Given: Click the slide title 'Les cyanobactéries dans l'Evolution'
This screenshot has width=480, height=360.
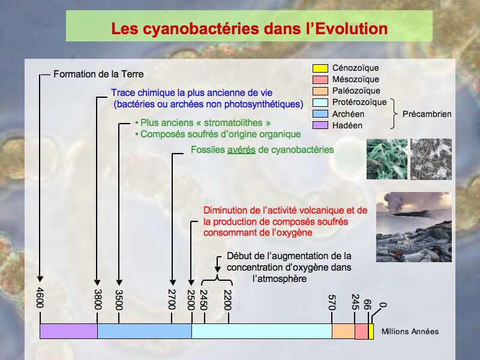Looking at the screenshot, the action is pyautogui.click(x=249, y=28).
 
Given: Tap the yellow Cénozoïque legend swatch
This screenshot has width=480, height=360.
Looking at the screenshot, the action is pyautogui.click(x=320, y=68).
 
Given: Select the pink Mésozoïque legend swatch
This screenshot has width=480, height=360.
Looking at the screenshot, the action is pyautogui.click(x=320, y=80).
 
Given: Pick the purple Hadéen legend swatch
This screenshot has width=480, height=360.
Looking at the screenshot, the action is pyautogui.click(x=320, y=125).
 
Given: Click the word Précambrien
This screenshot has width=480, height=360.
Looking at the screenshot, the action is pyautogui.click(x=427, y=114).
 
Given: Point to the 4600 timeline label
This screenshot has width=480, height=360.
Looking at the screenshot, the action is pyautogui.click(x=40, y=298).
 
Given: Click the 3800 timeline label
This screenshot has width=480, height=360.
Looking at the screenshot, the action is pyautogui.click(x=98, y=299).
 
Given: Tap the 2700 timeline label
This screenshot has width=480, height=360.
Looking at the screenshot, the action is pyautogui.click(x=172, y=299).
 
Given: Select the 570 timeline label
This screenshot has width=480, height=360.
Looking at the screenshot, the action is pyautogui.click(x=332, y=302).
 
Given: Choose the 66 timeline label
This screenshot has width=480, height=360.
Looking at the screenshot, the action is pyautogui.click(x=367, y=305).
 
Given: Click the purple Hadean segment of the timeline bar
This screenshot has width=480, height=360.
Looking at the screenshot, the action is pyautogui.click(x=68, y=331).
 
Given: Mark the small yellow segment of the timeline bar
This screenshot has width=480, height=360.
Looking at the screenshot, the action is pyautogui.click(x=371, y=331).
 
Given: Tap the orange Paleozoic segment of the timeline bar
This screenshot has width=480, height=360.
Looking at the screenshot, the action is pyautogui.click(x=343, y=331).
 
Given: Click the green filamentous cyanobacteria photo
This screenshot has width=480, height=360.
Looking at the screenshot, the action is pyautogui.click(x=387, y=159).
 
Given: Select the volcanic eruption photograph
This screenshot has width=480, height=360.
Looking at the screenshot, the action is pyautogui.click(x=414, y=227).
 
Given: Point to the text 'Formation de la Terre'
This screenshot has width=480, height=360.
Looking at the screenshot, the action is pyautogui.click(x=98, y=74).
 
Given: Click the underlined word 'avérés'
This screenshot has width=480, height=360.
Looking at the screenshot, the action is pyautogui.click(x=241, y=150).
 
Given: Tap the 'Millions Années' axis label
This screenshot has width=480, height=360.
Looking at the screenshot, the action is pyautogui.click(x=410, y=331).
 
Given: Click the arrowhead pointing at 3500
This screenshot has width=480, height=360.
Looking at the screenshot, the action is pyautogui.click(x=119, y=283).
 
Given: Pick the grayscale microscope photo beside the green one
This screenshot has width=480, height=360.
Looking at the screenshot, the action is pyautogui.click(x=431, y=159).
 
